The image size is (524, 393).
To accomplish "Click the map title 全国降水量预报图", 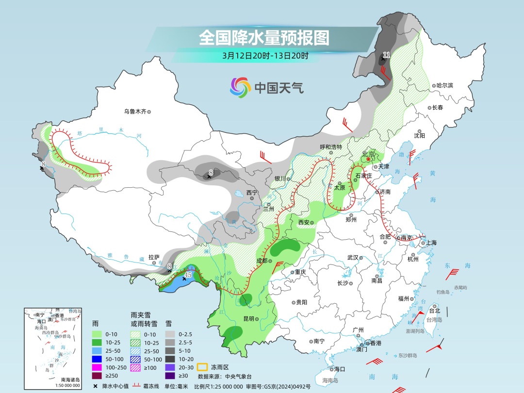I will click(x=264, y=37).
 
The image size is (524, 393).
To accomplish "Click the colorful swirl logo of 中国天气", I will click(x=240, y=87).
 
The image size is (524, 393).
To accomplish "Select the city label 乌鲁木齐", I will click(x=134, y=112).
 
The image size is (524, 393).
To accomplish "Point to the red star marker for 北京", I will click(x=368, y=159).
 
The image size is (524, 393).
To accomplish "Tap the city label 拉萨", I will click(x=154, y=257).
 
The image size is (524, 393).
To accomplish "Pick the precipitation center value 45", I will click(x=188, y=275).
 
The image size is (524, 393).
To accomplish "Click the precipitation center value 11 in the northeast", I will click(x=386, y=55).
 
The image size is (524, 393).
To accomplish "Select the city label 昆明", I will click(x=248, y=319).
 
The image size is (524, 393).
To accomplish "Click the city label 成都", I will click(x=262, y=261).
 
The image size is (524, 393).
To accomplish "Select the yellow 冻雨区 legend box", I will click(x=203, y=367).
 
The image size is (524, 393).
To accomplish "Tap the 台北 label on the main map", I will click(x=434, y=311).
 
